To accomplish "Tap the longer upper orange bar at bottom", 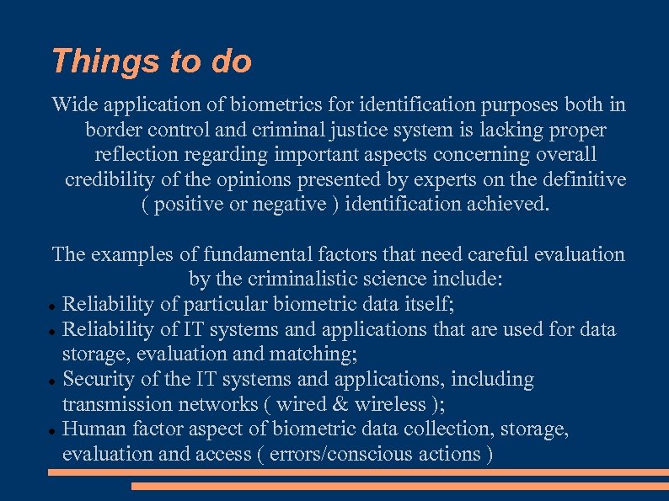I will coord(357,472).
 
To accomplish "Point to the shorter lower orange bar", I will coord(399,486).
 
